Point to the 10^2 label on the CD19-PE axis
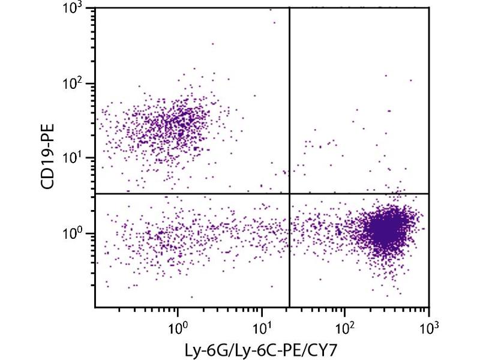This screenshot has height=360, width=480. point(74,83)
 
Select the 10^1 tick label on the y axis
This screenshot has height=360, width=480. point(74,158)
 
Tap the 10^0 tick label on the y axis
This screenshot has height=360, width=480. point(74,234)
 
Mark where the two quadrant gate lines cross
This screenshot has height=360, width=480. point(290,193)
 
